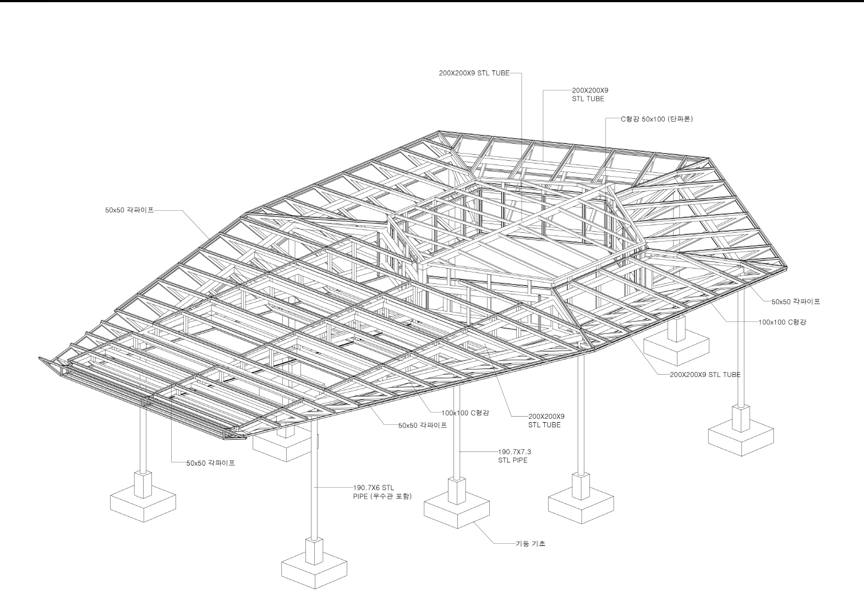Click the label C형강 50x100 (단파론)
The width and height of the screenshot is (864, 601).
(x=657, y=119)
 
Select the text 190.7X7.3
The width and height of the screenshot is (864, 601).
(x=515, y=452)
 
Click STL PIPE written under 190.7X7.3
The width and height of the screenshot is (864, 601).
(x=512, y=460)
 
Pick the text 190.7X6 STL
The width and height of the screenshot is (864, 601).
(x=374, y=488)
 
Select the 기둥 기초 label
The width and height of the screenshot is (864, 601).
(x=531, y=544)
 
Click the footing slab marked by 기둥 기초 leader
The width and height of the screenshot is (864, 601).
(x=457, y=511)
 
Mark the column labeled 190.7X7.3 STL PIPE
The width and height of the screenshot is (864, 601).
(x=457, y=432)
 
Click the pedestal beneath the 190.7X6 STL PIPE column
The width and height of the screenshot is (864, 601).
(x=314, y=551)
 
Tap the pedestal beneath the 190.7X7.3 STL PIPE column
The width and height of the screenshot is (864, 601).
(x=457, y=491)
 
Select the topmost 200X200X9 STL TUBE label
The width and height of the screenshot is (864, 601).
(x=474, y=73)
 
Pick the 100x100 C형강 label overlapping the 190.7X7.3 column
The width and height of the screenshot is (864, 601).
(x=465, y=413)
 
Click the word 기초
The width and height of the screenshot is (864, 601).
(x=539, y=544)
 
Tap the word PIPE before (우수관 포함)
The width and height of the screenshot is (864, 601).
(x=360, y=496)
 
